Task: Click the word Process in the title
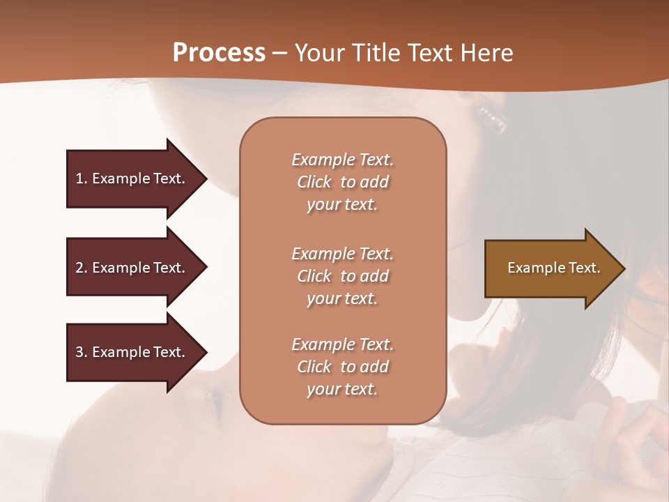click(x=219, y=53)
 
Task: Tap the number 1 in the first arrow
click(x=79, y=178)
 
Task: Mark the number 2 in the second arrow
click(x=79, y=268)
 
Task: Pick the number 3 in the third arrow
click(x=79, y=352)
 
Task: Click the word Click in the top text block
click(x=314, y=182)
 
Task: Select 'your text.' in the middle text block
click(x=342, y=298)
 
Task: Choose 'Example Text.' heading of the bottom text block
click(x=342, y=344)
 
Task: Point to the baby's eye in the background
click(x=217, y=399)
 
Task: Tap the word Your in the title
click(x=320, y=53)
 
